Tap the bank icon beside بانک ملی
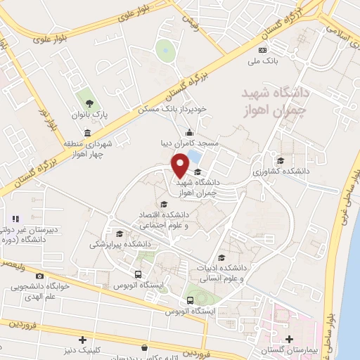click(x=263, y=50)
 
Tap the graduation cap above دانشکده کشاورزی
click(x=281, y=160)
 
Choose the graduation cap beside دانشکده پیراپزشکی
click(x=120, y=234)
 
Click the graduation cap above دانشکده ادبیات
click(x=222, y=257)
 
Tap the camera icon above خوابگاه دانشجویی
click(x=39, y=276)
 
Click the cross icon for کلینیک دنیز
click(x=83, y=340)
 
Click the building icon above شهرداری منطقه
click(x=86, y=133)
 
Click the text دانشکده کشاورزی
click(x=280, y=171)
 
